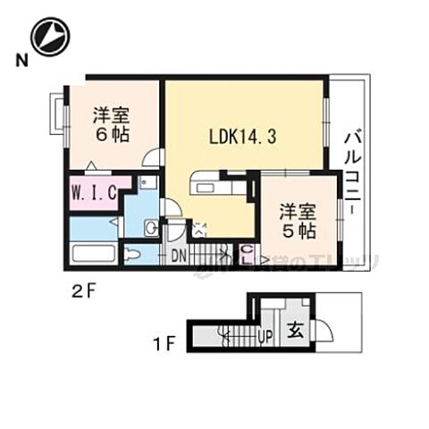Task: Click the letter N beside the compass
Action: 19,60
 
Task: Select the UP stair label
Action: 264,336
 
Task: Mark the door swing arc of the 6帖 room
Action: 153,156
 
